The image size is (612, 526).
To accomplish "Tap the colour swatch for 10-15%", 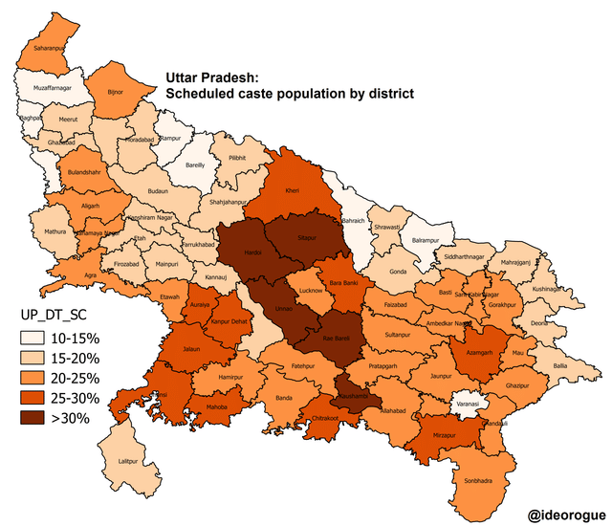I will pyautogui.click(x=37, y=338).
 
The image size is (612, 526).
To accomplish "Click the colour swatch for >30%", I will pyautogui.click(x=37, y=418).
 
